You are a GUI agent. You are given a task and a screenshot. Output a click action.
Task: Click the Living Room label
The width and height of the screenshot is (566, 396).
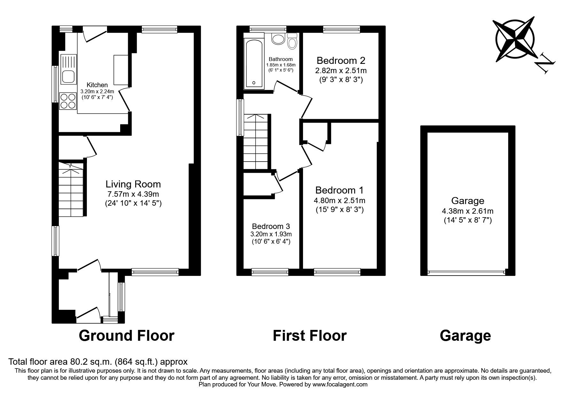click(x=133, y=184)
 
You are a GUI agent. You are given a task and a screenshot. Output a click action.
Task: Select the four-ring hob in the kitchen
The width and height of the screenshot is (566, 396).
click(x=68, y=101)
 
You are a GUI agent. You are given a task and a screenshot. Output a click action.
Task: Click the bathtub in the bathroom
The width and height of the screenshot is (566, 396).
click(x=254, y=64)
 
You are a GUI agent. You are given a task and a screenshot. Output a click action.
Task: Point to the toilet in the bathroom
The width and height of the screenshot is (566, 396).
click(x=292, y=41)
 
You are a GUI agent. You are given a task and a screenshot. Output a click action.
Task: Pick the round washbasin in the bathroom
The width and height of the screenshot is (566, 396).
click(x=278, y=39)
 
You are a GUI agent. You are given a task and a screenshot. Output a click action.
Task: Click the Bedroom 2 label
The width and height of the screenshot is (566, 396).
click(x=341, y=60)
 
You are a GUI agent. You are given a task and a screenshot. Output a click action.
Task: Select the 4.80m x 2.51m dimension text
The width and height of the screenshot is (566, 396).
click(x=339, y=201)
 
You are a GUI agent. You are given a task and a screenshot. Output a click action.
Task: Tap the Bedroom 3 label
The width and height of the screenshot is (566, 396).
click(x=271, y=226)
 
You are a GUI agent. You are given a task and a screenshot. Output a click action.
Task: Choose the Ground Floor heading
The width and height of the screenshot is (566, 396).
click(x=127, y=336)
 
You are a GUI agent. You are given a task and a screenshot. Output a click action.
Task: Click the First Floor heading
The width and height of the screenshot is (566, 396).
click(x=309, y=336)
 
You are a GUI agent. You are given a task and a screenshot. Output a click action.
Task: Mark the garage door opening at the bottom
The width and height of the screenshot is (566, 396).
click(x=467, y=272)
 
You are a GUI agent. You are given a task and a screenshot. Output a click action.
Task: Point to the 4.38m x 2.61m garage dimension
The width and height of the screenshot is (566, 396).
click(x=467, y=211)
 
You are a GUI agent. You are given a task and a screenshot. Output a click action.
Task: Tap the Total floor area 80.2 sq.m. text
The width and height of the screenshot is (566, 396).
click(x=98, y=362)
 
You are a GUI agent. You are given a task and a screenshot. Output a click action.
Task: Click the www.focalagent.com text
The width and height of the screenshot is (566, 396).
click(x=340, y=385)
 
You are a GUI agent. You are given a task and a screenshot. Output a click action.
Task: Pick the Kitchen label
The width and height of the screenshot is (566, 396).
click(x=97, y=85)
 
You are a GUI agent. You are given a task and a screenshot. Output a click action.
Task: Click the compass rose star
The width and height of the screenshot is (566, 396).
click(x=514, y=42)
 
